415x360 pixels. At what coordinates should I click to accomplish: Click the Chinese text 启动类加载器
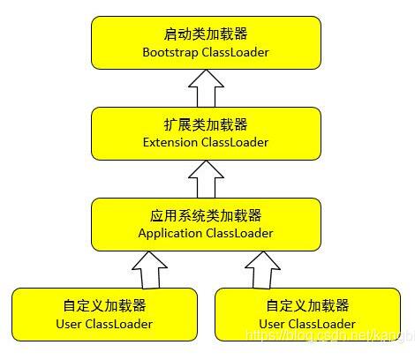[206, 34]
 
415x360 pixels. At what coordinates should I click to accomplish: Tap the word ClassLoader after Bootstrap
[236, 52]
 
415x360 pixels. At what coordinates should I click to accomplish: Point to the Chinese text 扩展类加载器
[206, 125]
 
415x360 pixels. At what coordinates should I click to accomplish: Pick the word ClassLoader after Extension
[236, 143]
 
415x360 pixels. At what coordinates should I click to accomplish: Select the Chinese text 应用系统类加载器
[206, 215]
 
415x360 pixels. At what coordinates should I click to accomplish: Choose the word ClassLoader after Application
[239, 233]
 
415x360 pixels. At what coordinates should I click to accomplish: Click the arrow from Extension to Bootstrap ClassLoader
[206, 88]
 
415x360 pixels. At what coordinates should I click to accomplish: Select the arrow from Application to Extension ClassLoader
[206, 179]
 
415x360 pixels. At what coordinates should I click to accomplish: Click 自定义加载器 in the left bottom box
[104, 306]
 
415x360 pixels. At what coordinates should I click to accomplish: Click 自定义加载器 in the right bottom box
[307, 306]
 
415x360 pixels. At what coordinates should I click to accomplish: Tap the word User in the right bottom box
[274, 324]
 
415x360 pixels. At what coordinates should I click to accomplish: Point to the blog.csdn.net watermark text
[327, 337]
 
